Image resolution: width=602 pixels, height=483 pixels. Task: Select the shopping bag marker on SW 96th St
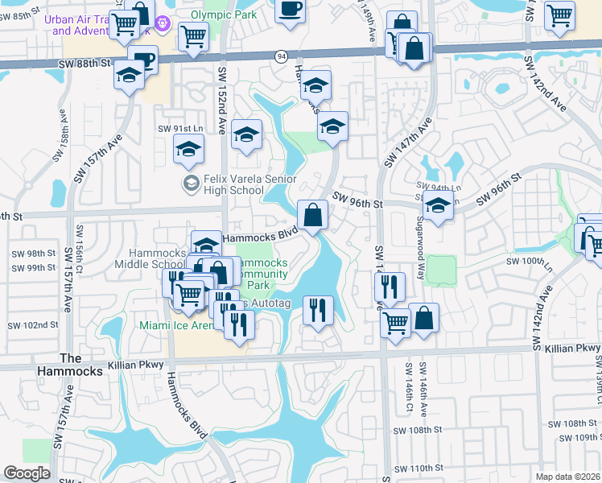(x=313, y=214)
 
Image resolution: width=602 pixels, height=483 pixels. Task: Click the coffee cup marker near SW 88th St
(x=144, y=61)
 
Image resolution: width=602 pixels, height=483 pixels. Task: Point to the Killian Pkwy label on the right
(x=566, y=347)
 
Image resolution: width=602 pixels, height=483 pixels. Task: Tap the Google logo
(x=27, y=473)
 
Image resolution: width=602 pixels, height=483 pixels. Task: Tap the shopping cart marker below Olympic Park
(x=193, y=35)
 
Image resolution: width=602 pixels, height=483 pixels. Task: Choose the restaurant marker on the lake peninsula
(x=318, y=308)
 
